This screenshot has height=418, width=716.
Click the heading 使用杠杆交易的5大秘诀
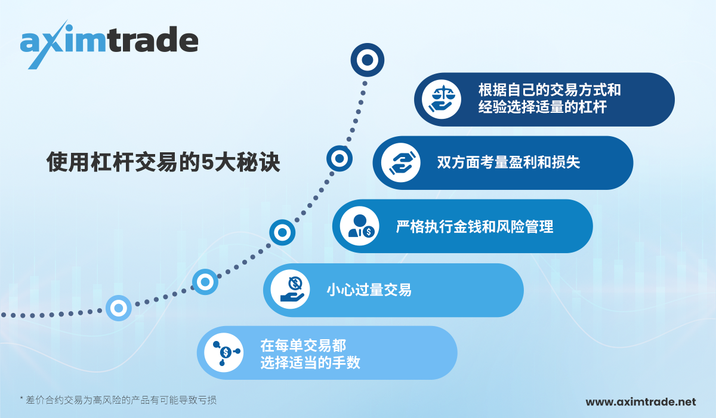point(163,162)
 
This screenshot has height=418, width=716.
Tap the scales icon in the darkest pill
point(442,99)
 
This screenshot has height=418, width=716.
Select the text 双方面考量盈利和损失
point(508,162)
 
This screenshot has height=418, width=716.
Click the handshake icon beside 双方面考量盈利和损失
point(400,162)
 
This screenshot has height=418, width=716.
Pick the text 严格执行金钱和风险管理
point(474,227)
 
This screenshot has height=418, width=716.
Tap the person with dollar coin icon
point(360,227)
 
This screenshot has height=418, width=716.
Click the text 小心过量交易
point(369,290)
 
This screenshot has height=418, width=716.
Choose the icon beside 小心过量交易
point(291,290)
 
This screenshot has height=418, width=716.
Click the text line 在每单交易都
point(303,345)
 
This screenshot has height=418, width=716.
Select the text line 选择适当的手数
point(310,362)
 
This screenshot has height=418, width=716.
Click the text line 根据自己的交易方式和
point(550,91)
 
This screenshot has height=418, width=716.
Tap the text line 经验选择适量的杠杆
point(542,108)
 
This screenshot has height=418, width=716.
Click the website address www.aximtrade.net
point(641,402)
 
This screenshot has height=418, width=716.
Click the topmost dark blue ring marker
point(367,60)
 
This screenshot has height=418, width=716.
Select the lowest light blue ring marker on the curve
point(118,308)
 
